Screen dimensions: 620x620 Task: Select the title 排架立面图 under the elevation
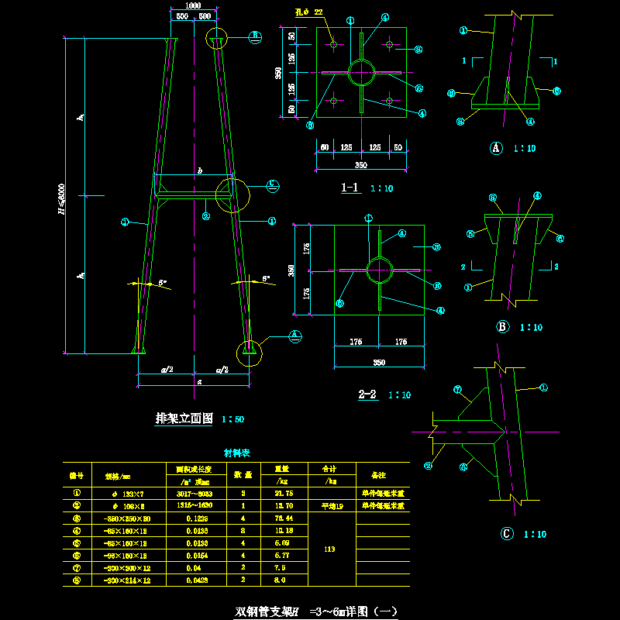click(x=184, y=418)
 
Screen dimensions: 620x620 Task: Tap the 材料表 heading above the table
click(x=236, y=453)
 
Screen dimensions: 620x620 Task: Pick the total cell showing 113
click(x=330, y=549)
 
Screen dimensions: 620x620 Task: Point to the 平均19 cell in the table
click(x=331, y=505)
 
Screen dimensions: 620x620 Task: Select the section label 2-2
click(x=367, y=394)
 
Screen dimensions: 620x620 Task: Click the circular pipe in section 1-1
click(x=361, y=73)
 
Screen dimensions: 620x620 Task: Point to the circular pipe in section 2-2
click(x=378, y=270)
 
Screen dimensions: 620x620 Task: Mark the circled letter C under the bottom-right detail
click(x=508, y=534)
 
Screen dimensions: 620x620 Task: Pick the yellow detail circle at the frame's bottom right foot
click(x=250, y=353)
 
